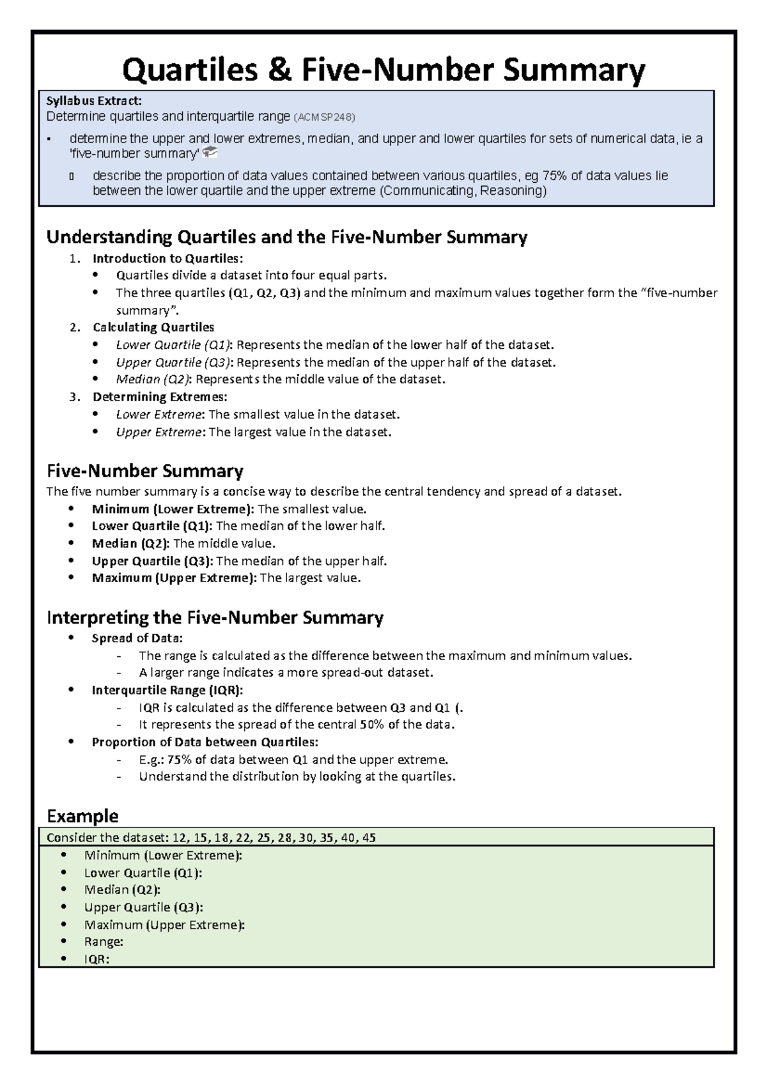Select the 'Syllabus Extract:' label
click(93, 101)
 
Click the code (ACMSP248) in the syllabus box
click(323, 118)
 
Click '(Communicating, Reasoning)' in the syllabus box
click(463, 191)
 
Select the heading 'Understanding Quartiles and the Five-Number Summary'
click(286, 238)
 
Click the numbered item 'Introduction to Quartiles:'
click(167, 259)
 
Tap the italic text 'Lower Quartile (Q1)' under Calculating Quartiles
click(174, 345)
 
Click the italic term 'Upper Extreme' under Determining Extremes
click(159, 433)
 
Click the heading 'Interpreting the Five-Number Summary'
click(215, 618)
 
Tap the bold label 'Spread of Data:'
click(137, 638)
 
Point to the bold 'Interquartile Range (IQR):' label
click(167, 691)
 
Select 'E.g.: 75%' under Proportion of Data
click(165, 760)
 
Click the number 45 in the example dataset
click(369, 838)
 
